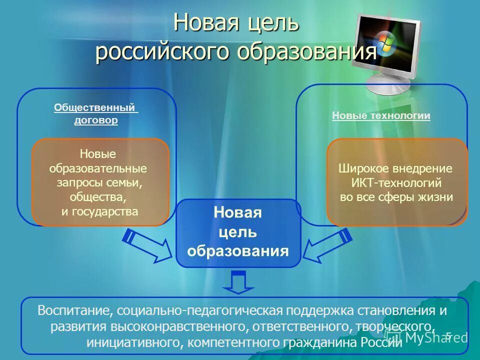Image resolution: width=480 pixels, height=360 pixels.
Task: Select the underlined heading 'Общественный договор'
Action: (96, 113)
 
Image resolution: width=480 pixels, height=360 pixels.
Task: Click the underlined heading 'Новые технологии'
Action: (381, 115)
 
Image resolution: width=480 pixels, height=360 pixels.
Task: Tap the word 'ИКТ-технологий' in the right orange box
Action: (396, 182)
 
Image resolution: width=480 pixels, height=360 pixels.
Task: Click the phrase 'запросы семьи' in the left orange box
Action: (99, 182)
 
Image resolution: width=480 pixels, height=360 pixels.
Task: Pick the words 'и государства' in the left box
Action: (99, 211)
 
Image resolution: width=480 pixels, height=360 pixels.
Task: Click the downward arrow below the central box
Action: (238, 282)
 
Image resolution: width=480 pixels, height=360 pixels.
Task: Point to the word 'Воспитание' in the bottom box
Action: (74, 310)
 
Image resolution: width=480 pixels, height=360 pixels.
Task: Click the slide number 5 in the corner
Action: (448, 336)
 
